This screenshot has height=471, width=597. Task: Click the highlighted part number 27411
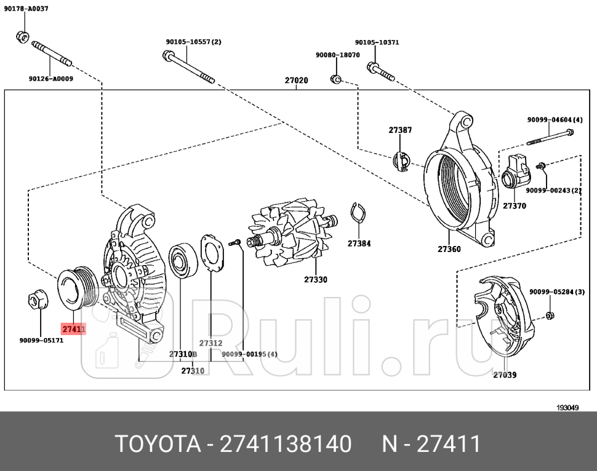click(73, 330)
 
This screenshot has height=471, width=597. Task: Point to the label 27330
click(315, 280)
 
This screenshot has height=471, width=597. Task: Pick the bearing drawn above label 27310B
click(182, 260)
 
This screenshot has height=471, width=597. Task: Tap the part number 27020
click(296, 81)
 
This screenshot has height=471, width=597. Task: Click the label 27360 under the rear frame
click(449, 249)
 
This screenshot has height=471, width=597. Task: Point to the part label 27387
click(400, 130)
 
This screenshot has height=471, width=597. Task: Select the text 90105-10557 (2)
click(193, 42)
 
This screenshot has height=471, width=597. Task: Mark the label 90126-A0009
click(50, 79)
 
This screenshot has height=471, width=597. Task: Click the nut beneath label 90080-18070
click(336, 79)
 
